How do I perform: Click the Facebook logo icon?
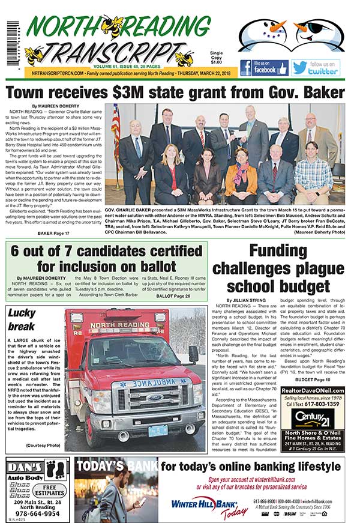(246, 68)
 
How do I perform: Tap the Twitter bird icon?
(299, 68)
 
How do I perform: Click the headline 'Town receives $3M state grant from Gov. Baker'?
(175, 92)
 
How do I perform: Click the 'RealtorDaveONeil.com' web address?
(312, 390)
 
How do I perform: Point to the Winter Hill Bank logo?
(201, 503)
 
